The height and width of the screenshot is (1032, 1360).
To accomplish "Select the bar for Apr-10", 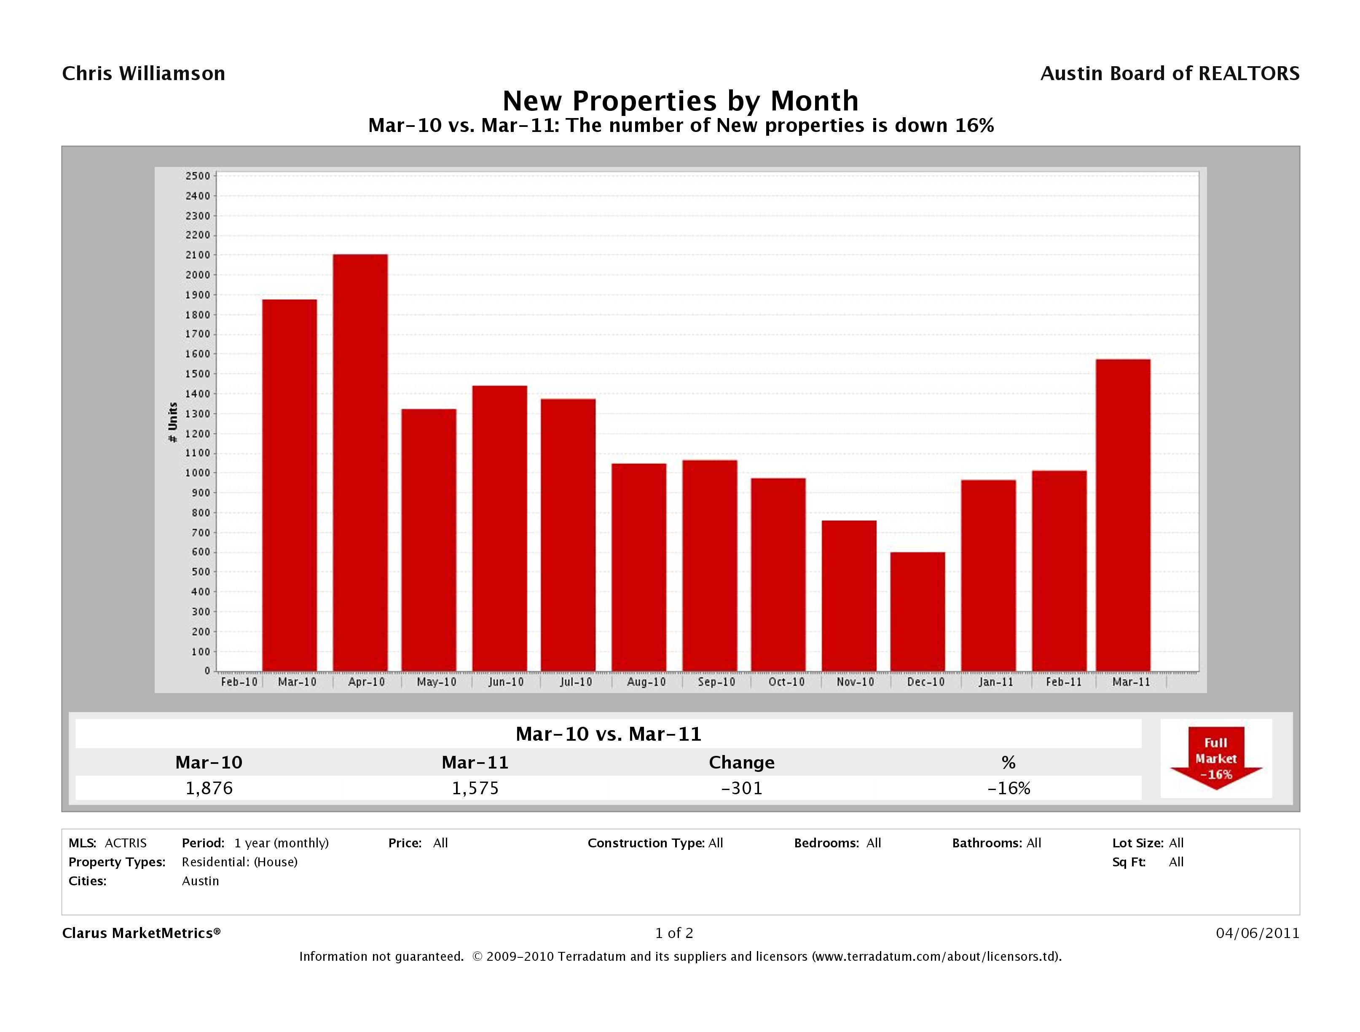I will point(360,462).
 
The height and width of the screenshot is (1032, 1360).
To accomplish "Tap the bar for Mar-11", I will point(1123,516).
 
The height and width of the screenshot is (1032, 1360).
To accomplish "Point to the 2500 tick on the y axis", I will point(197,176).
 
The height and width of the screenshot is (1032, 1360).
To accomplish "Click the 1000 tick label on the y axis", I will point(197,473).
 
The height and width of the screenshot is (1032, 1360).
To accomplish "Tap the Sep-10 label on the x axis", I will point(716,682).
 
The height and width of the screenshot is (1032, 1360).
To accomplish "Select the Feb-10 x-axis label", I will point(239,682).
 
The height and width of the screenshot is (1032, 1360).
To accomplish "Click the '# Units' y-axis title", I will point(173,422).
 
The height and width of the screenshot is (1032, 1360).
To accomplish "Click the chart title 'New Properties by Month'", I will point(680,101).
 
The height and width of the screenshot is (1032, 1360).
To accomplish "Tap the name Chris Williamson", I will point(144,74).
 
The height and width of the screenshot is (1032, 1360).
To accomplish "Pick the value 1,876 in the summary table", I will point(209,788).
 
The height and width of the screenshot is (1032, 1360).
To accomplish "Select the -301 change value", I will point(741,788).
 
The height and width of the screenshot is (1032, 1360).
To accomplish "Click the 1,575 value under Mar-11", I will point(475,788).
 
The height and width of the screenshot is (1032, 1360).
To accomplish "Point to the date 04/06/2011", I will point(1257,933).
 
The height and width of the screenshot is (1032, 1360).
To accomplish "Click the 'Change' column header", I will point(741,763).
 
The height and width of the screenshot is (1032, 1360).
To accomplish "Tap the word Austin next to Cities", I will point(201,881).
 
